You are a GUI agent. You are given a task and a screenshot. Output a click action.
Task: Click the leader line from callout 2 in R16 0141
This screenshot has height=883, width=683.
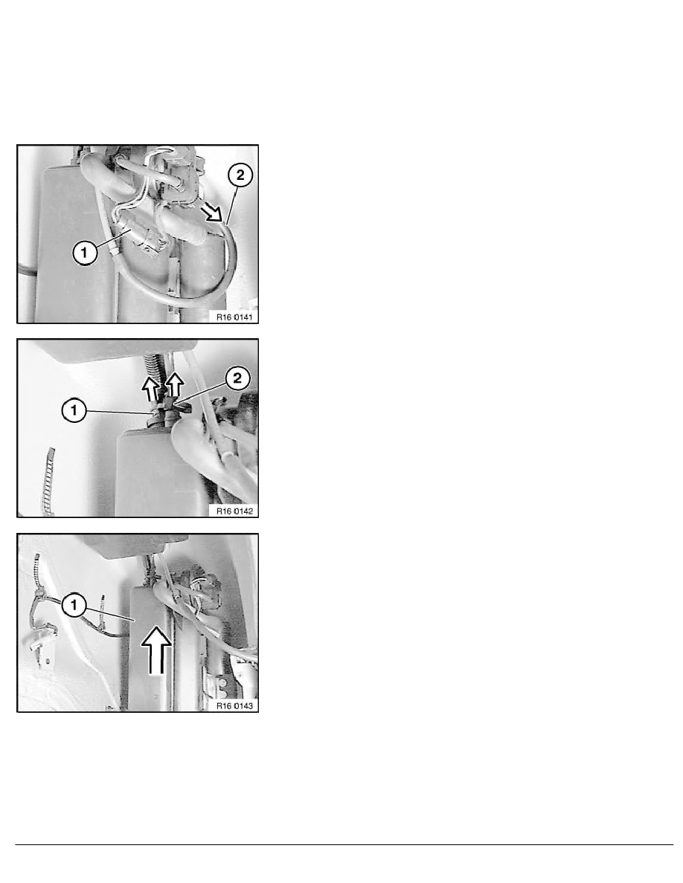tap(233, 201)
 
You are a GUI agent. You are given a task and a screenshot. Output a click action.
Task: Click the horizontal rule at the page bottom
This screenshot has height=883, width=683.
tap(341, 845)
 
